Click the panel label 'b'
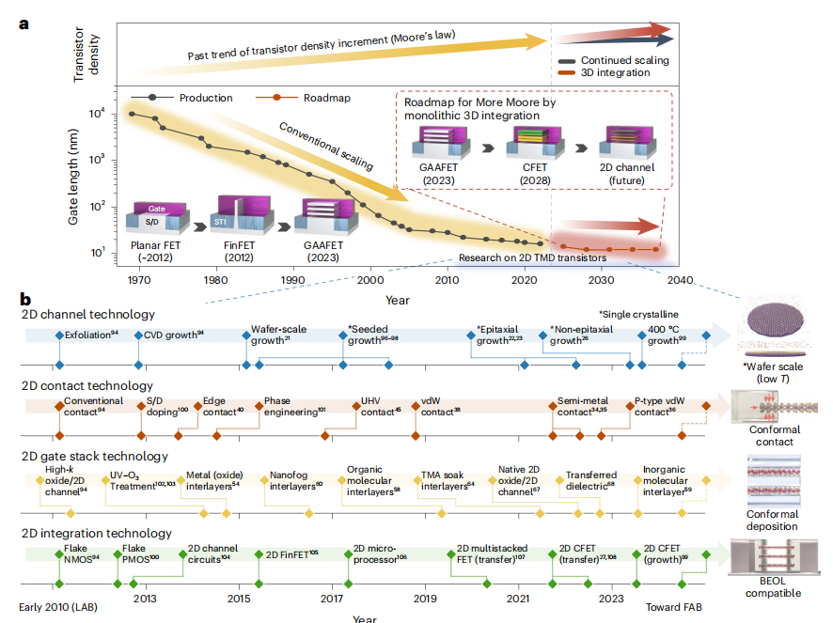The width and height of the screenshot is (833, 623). click(x=25, y=300)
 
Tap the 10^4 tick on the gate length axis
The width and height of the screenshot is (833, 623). click(x=97, y=114)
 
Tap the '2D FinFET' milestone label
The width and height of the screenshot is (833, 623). click(x=291, y=553)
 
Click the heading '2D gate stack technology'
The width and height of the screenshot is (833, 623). click(x=94, y=457)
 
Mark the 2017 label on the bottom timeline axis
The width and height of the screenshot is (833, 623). click(x=331, y=598)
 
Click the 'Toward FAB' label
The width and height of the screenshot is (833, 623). click(x=673, y=608)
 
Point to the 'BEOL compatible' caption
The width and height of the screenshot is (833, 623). click(x=773, y=587)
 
